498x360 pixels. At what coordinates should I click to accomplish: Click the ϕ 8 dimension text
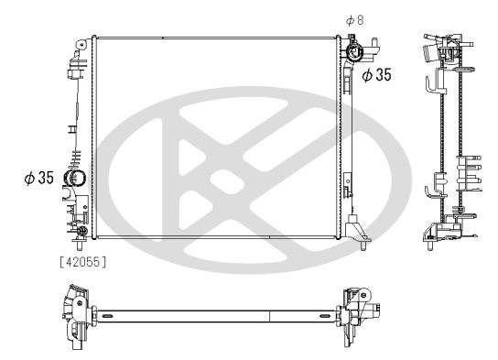[x=354, y=20]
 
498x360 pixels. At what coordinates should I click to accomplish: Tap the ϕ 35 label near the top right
[x=376, y=76]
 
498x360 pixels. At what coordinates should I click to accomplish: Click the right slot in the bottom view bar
[x=319, y=317]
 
